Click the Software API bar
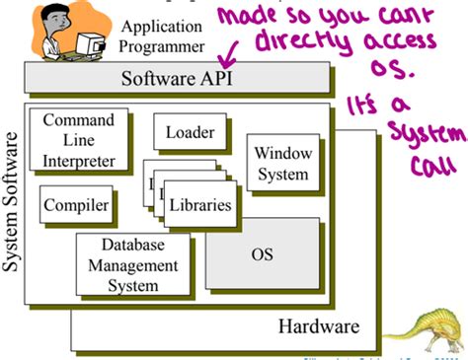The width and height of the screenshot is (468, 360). point(179,76)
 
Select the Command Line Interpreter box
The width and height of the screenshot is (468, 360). point(79,140)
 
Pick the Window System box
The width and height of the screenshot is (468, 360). point(281,163)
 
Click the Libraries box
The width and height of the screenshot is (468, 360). point(200,205)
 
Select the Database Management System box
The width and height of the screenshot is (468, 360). point(134,264)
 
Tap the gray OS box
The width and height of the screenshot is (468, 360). point(263,254)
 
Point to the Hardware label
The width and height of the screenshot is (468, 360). point(318,326)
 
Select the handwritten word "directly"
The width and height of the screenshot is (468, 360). point(293,44)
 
